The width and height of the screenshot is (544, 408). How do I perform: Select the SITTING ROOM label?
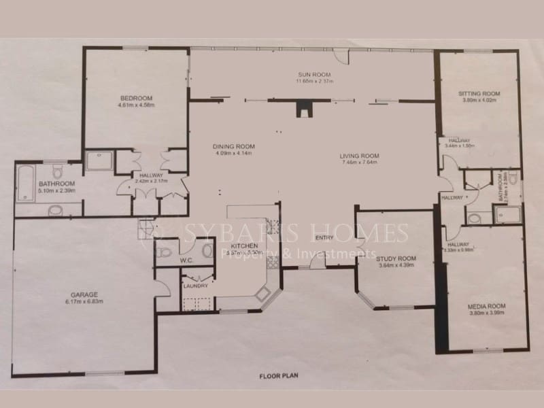click(x=479, y=93)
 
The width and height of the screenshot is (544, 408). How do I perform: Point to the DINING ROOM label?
click(x=233, y=146)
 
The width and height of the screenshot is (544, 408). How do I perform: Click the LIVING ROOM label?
click(x=360, y=156)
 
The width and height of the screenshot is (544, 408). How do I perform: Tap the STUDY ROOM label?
click(x=396, y=258)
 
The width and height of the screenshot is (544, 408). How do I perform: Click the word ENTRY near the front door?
click(x=325, y=237)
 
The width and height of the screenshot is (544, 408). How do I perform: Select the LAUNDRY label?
click(x=194, y=286)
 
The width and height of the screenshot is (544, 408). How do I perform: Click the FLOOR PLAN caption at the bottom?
click(x=279, y=375)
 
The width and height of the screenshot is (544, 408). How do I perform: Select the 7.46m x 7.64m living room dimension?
click(x=360, y=163)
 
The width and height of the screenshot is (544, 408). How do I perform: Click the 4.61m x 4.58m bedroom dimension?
click(x=135, y=105)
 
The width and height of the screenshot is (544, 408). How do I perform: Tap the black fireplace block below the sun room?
click(x=303, y=109)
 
